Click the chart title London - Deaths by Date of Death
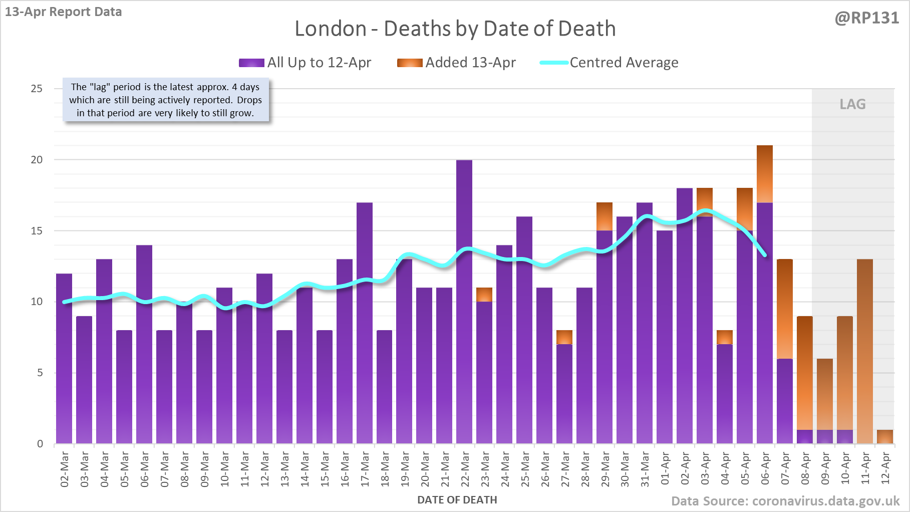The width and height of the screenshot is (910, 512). [x=455, y=29]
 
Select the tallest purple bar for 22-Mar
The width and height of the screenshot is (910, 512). [x=464, y=301]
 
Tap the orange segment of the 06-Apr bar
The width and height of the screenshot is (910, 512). [x=765, y=174]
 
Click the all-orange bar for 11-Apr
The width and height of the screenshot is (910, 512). [x=865, y=351]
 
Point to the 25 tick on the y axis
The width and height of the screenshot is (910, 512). [x=37, y=89]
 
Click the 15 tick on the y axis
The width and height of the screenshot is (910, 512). [x=37, y=231]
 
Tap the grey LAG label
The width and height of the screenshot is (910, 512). [x=852, y=104]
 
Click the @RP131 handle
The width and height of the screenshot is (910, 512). [x=866, y=18]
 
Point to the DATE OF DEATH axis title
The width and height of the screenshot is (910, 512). [x=457, y=500]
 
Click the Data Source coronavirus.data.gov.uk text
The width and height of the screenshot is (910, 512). [x=785, y=501]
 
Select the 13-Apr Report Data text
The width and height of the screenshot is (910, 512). [x=64, y=12]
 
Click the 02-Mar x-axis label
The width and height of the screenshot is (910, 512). [x=65, y=469]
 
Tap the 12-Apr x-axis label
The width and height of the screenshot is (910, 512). [x=885, y=468]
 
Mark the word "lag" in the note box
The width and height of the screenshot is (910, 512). [x=100, y=87]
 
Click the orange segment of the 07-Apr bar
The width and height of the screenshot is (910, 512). [x=785, y=309]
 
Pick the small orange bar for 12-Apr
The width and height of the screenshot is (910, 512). [x=885, y=437]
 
